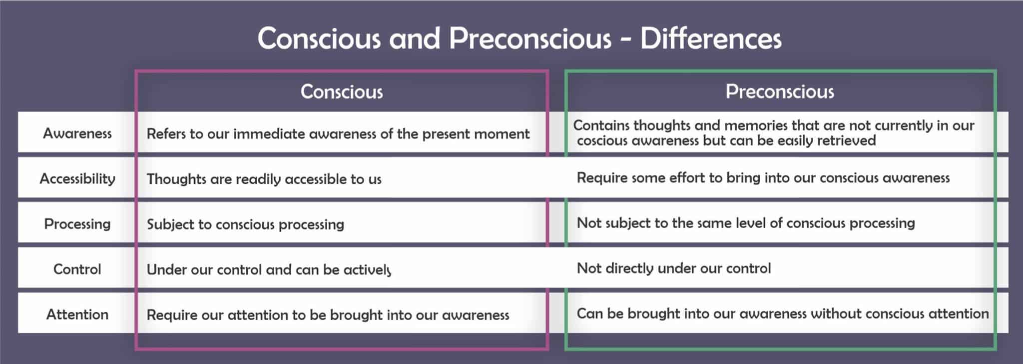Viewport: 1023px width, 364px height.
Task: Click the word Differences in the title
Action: tap(710, 38)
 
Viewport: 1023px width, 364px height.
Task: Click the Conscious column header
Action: tap(342, 91)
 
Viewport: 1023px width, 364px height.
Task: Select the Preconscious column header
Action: tap(780, 91)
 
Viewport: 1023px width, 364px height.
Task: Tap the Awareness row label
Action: tap(77, 133)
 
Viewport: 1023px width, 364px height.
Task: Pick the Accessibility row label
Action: tap(77, 178)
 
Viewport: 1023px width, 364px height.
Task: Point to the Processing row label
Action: tap(77, 223)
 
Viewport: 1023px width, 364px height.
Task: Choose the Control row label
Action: tap(77, 269)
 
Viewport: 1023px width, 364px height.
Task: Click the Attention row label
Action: tap(77, 314)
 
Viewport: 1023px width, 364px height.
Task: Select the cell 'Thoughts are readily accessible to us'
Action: tap(264, 179)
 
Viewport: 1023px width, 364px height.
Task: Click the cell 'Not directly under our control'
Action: tap(673, 268)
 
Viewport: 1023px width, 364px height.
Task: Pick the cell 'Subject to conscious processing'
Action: tap(245, 224)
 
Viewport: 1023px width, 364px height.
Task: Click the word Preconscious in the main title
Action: tap(529, 38)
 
